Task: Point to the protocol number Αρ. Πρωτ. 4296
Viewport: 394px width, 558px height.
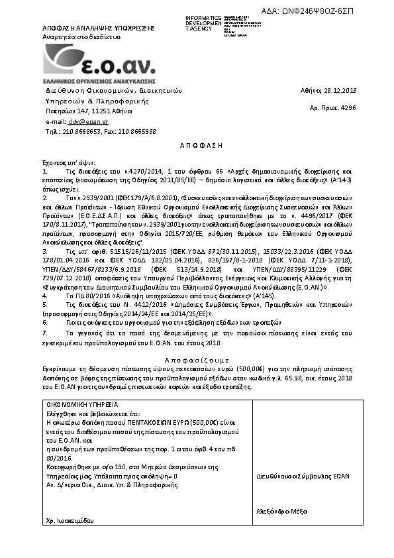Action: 338,106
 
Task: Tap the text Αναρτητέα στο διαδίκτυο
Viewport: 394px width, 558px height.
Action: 81,38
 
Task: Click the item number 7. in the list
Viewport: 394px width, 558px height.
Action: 44,331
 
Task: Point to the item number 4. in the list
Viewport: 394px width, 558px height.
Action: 44,296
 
